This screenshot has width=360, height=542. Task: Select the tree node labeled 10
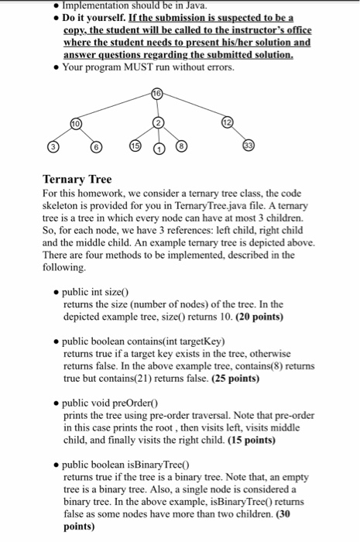click(x=74, y=123)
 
